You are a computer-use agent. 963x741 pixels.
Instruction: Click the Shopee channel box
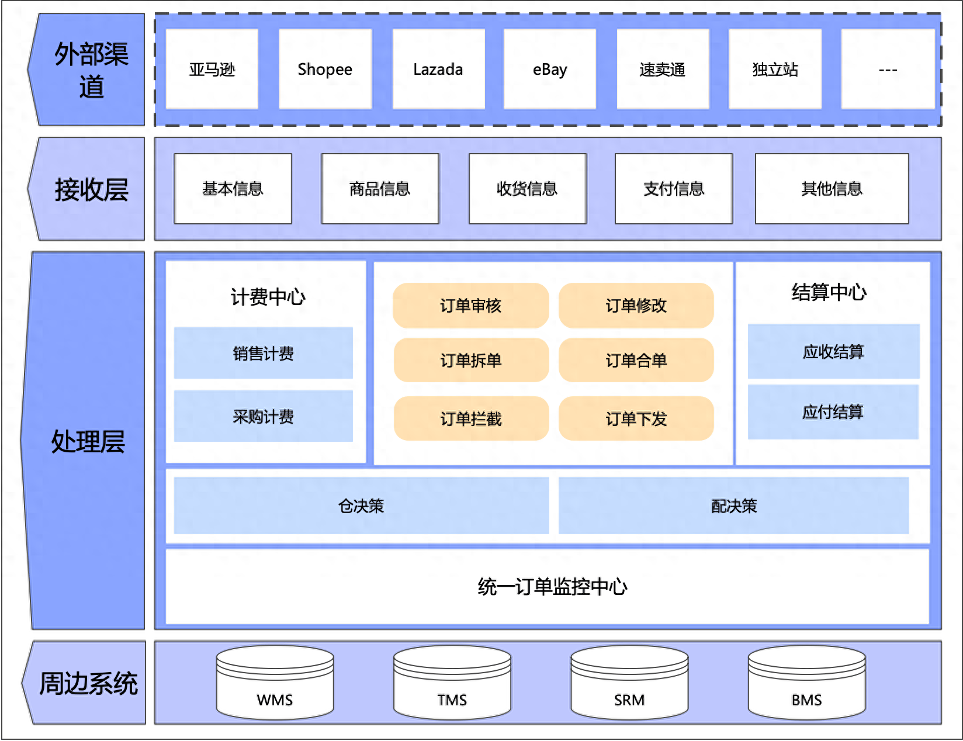click(325, 69)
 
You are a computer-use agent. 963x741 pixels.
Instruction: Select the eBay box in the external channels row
click(549, 69)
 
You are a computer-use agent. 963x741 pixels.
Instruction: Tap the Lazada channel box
click(438, 69)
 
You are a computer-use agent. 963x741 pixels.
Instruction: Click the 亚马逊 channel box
click(212, 69)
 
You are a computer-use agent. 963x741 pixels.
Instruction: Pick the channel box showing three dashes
click(888, 69)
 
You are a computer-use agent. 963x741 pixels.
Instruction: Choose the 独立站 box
click(775, 69)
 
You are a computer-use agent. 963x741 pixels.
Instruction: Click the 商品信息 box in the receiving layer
click(380, 189)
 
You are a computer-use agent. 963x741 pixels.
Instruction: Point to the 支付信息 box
click(673, 189)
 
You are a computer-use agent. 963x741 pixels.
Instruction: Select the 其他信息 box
click(832, 189)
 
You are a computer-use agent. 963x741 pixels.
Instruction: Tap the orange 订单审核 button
click(470, 306)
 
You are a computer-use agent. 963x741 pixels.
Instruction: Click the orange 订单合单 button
click(636, 360)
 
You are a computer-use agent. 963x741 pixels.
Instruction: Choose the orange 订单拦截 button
click(470, 418)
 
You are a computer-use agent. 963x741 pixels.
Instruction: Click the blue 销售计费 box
click(263, 353)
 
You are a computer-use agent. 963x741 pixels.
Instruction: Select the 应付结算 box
click(833, 412)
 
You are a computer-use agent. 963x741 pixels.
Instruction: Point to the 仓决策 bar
click(361, 505)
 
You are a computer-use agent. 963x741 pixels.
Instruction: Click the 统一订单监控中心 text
click(552, 586)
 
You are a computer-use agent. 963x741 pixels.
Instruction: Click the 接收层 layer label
click(91, 189)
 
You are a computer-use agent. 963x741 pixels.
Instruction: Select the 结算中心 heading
click(829, 292)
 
